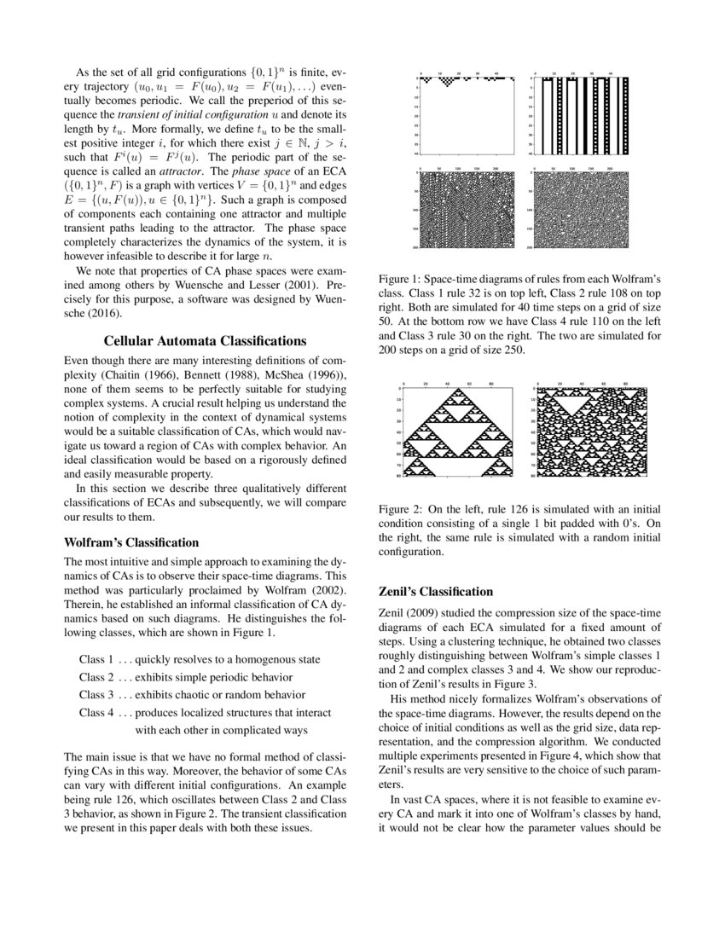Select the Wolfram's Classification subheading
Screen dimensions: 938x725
(132, 542)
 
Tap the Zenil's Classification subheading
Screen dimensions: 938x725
(435, 591)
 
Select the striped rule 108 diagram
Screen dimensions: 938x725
(579, 115)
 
